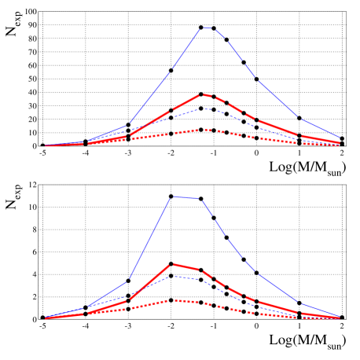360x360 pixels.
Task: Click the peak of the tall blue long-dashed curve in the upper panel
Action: [204, 28]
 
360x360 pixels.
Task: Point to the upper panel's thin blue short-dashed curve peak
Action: [204, 108]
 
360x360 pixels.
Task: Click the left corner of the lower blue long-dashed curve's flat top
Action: [172, 197]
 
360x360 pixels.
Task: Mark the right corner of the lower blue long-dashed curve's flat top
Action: [202, 199]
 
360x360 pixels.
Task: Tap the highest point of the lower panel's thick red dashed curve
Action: [172, 264]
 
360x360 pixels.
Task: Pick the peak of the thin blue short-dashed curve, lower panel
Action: [172, 277]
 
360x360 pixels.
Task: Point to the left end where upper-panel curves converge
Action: [46, 145]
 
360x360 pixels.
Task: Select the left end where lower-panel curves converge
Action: [46, 318]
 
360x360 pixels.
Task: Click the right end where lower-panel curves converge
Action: [340, 317]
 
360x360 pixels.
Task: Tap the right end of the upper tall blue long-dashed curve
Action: [340, 138]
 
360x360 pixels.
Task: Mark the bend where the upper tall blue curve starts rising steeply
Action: [127, 125]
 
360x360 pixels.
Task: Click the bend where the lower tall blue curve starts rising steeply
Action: [127, 281]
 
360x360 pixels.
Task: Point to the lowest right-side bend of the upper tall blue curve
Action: [299, 119]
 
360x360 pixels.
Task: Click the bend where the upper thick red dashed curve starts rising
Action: [127, 135]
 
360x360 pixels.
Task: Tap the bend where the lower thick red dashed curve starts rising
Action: [127, 300]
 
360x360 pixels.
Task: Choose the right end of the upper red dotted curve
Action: [340, 145]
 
